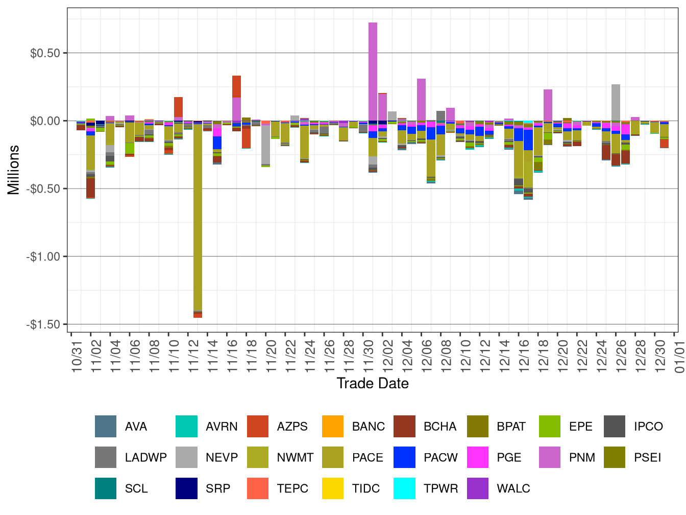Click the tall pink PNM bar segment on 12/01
coord(373,72)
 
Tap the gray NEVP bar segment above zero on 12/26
coord(616,102)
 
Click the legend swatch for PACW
coord(404,457)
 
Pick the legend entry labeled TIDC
coord(365,488)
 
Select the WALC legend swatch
coord(477,488)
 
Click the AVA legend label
coord(136,427)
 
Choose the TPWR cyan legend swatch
coord(404,488)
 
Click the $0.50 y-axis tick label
coord(45,53)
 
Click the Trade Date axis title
coord(373,383)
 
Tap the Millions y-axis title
coord(13,170)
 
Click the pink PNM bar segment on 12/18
coord(548,105)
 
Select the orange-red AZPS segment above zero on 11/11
coord(178,107)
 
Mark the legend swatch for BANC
coord(333,427)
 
